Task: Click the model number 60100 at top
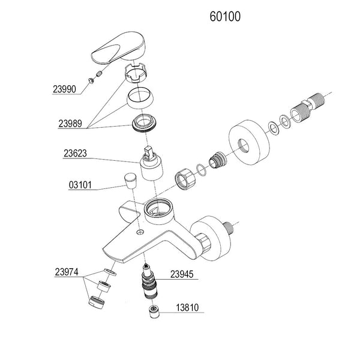225,16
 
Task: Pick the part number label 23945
183,275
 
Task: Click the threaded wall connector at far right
307,109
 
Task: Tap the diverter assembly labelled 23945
147,282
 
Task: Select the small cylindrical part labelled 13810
154,311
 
